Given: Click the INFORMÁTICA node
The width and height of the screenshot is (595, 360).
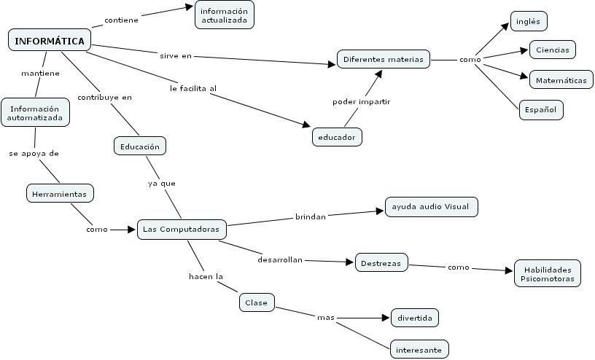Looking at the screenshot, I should point(50,40).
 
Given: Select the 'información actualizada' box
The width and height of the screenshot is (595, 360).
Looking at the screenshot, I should point(225,15).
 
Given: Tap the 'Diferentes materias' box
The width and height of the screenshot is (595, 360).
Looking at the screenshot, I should point(384,60).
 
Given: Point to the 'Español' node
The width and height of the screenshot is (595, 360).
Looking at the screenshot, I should point(540,110).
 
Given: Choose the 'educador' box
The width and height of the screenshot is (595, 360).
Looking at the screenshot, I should point(336,136).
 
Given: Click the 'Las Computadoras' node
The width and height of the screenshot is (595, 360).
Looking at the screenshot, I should point(182,229).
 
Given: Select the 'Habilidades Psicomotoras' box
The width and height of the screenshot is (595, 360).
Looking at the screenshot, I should point(547,273).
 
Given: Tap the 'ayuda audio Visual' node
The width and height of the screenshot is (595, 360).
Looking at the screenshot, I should point(430,207).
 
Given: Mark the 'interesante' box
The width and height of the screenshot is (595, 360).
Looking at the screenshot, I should point(419,350).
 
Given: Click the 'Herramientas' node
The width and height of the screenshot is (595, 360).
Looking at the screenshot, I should point(61,194).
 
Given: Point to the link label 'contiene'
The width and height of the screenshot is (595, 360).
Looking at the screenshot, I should point(121,20).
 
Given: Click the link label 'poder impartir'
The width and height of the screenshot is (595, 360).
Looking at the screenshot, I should point(361,101).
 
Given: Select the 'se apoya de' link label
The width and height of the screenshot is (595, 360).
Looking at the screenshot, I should point(34,154).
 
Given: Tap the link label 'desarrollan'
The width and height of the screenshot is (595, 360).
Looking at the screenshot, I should point(280,259).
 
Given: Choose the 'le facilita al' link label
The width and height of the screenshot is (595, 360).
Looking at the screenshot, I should point(193,88).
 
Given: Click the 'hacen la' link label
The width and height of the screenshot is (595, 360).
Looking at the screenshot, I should point(205,276).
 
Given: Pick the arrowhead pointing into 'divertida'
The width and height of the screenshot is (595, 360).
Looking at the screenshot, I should point(386,318).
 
